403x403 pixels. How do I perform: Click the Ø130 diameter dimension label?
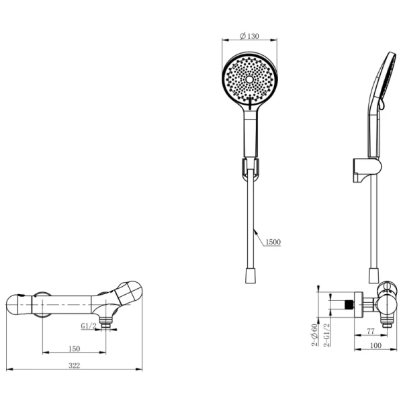(249, 36)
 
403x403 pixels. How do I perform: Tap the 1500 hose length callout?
(273, 242)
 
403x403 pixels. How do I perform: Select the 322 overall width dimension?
(74, 365)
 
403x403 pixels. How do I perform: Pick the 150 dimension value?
(74, 349)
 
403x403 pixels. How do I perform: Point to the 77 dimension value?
(370, 331)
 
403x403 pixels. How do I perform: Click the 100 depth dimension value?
(375, 345)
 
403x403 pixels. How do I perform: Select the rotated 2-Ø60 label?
(314, 335)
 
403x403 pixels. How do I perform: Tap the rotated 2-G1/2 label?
(326, 335)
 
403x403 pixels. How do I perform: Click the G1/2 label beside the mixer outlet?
(89, 326)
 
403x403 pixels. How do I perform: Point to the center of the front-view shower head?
(249, 79)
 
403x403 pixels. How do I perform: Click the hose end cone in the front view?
(251, 276)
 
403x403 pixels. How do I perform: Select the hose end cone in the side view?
(373, 276)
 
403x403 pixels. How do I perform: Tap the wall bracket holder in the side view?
(367, 170)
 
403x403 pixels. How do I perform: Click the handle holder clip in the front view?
(250, 168)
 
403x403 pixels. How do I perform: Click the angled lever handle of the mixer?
(128, 294)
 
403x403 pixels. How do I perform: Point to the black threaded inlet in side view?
(349, 304)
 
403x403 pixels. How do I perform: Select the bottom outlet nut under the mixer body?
(105, 322)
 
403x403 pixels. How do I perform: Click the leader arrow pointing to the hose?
(259, 236)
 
